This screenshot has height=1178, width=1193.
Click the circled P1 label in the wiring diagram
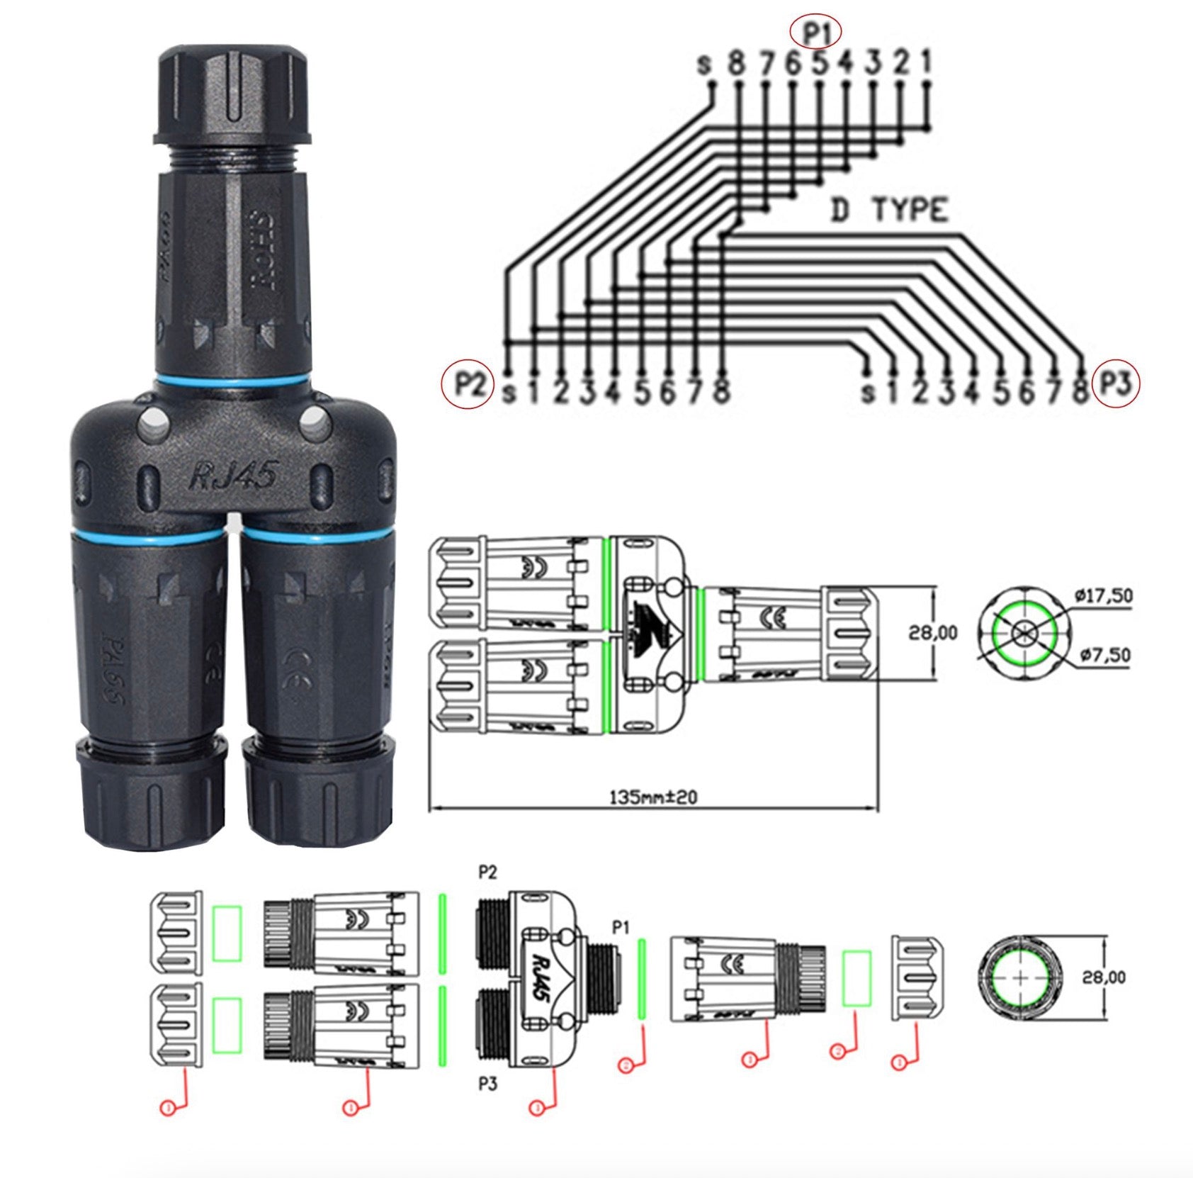pos(816,32)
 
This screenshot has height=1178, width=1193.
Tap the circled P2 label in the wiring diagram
pos(468,385)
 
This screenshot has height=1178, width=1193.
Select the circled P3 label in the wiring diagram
pos(1116,384)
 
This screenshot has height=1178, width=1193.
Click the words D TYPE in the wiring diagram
pos(889,211)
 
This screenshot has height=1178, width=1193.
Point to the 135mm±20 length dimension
pos(653,797)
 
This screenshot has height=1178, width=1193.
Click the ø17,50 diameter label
pos(1103,596)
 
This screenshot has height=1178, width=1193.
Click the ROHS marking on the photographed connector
pos(263,248)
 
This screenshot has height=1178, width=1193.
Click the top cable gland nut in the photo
pos(233,96)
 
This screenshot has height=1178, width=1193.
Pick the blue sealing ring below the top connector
pos(233,382)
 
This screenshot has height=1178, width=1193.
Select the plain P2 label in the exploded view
pos(487,873)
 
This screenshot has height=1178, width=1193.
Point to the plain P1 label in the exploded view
pos(621,927)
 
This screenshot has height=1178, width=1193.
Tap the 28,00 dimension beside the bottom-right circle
pos(1103,977)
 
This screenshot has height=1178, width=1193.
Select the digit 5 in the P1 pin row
pos(819,64)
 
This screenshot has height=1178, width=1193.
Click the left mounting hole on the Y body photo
pos(153,426)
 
